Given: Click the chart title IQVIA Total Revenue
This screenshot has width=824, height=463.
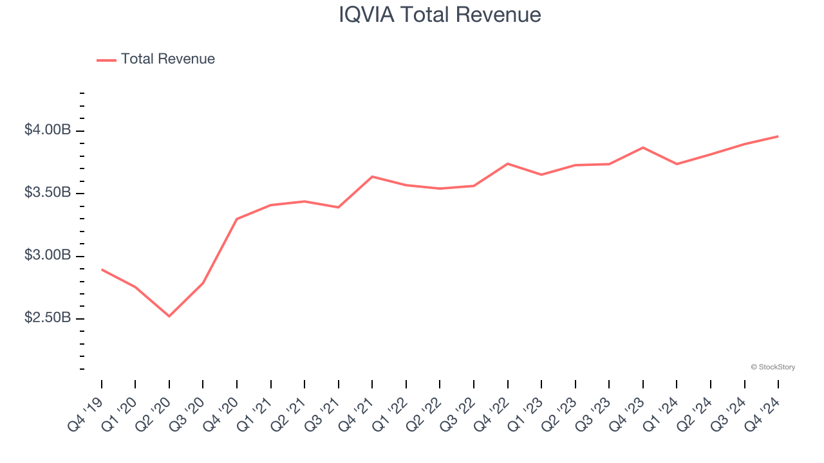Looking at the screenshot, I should pos(440,15).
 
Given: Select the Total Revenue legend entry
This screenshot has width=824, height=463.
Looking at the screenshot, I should pos(167,59).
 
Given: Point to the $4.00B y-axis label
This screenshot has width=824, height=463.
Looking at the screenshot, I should pos(48,131).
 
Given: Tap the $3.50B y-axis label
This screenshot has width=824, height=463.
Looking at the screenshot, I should pos(48,193).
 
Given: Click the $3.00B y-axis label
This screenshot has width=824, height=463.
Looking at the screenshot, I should pos(48,256).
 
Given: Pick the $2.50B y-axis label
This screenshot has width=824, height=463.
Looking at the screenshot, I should pos(48,318).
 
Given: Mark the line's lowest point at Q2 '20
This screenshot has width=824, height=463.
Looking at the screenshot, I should pos(169,316).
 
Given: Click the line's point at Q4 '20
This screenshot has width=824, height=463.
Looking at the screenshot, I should pos(237,219).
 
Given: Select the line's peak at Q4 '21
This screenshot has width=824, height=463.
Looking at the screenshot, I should pos(372,176).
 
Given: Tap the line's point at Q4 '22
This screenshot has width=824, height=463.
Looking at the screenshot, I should pos(508,163).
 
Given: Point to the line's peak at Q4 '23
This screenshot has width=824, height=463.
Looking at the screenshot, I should pos(643,147).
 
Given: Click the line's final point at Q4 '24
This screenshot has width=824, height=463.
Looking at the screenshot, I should pos(778,136).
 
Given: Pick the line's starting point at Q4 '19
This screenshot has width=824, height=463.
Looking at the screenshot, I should pos(102,269).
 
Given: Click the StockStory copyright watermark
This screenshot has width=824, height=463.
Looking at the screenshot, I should pos(772,367).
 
